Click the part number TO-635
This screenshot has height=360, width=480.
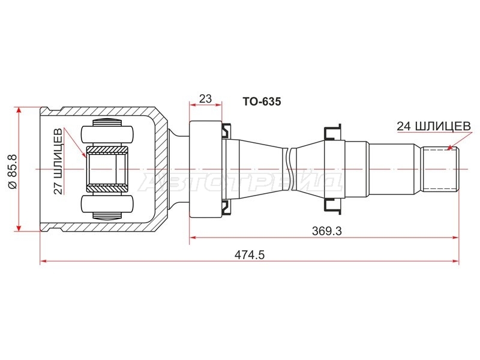pyautogui.click(x=262, y=101)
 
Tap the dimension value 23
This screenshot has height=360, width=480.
pyautogui.click(x=205, y=98)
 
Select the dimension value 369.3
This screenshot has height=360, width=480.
pyautogui.click(x=327, y=231)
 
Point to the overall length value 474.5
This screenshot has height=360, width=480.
pyautogui.click(x=250, y=255)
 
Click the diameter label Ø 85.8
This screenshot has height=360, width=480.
pyautogui.click(x=14, y=172)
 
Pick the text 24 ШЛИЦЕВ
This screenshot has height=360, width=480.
pyautogui.click(x=434, y=126)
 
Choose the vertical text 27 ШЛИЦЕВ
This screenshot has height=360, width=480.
pyautogui.click(x=58, y=161)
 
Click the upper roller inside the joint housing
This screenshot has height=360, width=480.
pyautogui.click(x=107, y=134)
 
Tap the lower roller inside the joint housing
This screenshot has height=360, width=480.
pyautogui.click(x=107, y=204)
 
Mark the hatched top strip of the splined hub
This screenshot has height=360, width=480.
pyautogui.click(x=107, y=150)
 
